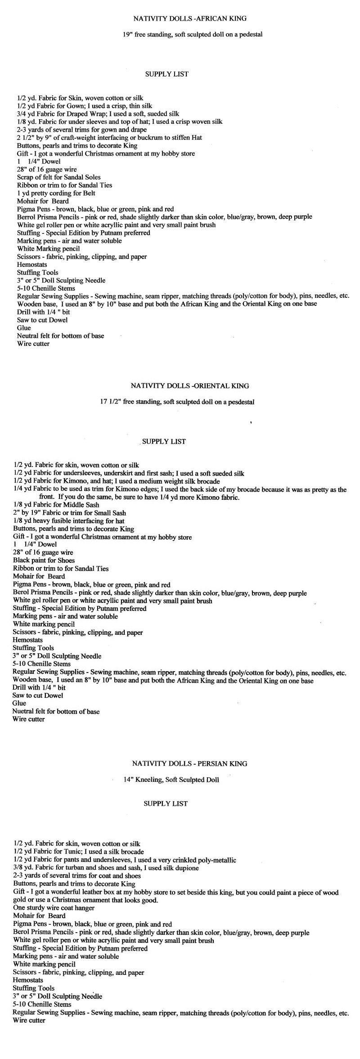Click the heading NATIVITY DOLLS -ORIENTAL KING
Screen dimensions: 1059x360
[x=189, y=386]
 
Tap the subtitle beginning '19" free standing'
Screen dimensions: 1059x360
[x=193, y=34]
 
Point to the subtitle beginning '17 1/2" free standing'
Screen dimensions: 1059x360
[x=177, y=402]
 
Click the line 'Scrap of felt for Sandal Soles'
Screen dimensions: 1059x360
[x=58, y=177]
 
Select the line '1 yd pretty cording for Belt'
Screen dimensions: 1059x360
[x=56, y=193]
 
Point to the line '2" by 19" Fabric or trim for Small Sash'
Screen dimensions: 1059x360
[x=69, y=513]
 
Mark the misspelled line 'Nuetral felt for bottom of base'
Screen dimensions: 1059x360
[x=56, y=711]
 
